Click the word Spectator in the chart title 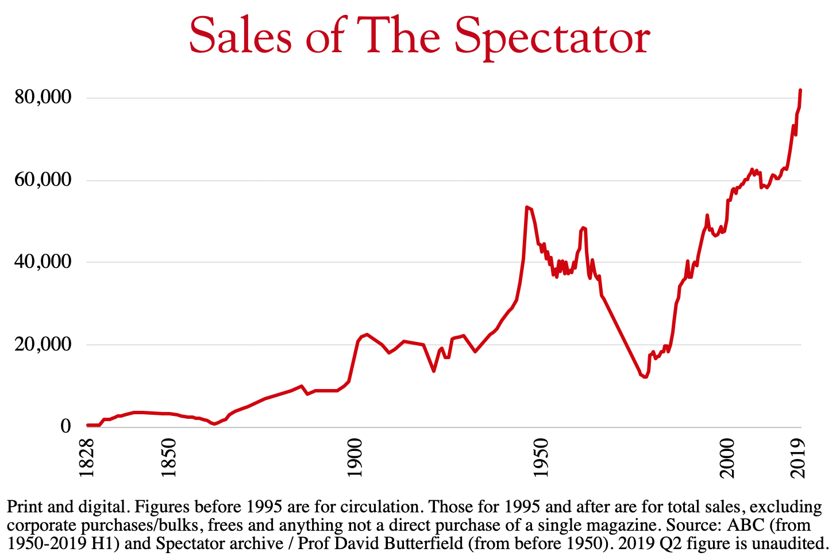pos(552,36)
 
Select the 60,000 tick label pos(43,180)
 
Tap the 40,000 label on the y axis pos(43,262)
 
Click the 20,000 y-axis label pos(43,344)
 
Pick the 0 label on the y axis pos(65,426)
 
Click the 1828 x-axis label pos(87,458)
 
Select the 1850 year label pos(169,458)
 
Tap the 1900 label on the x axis pos(355,458)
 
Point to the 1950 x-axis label pos(540,458)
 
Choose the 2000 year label pos(726,458)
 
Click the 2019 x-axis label pos(797,458)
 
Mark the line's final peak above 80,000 pos(800,90)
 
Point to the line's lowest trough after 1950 pos(645,377)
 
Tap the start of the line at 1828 pos(87,425)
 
